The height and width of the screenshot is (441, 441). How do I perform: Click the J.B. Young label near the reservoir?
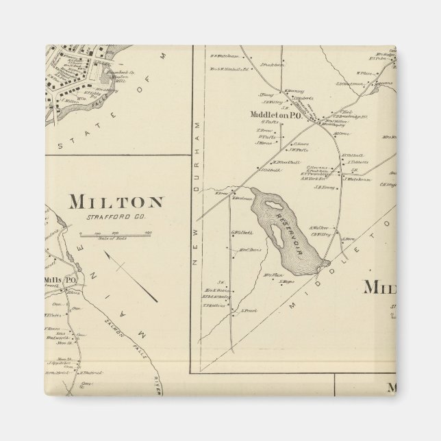pyautogui.click(x=324, y=187)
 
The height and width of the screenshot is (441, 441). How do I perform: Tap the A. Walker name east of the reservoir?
pyautogui.click(x=319, y=228)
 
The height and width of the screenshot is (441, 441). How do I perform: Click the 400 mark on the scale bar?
pyautogui.click(x=147, y=233)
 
